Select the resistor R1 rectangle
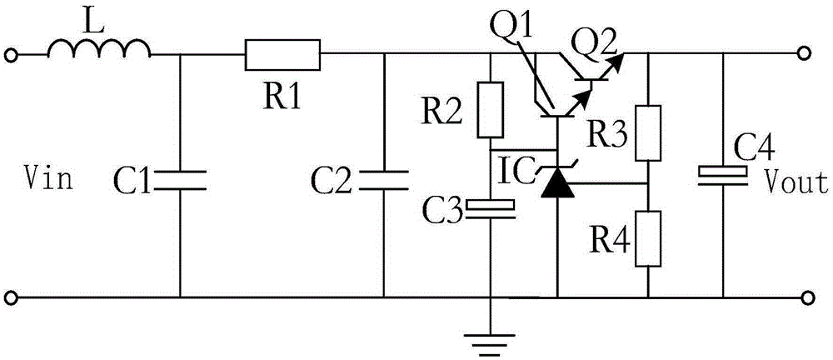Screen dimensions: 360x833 point(283,55)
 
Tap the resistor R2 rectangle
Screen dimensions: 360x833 point(491,109)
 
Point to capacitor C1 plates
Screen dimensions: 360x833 point(180,179)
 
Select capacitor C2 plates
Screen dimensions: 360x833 point(383,178)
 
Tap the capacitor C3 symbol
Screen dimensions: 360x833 point(491,207)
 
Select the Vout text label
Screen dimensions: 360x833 point(798,182)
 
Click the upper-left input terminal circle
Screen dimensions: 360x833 point(11,55)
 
